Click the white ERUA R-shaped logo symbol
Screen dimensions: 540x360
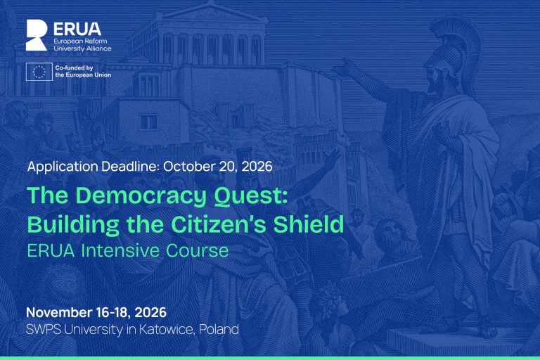[37, 35]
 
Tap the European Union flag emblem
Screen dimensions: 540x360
[39, 72]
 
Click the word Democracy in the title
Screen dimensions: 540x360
[141, 196]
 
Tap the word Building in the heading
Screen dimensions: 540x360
[73, 225]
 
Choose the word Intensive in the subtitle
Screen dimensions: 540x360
[120, 250]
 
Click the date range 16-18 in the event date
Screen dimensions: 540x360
[113, 312]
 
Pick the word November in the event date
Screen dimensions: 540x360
[59, 312]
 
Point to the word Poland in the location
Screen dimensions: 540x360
[219, 329]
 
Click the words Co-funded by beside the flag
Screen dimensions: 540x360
[74, 68]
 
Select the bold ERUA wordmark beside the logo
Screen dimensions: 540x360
[77, 30]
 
